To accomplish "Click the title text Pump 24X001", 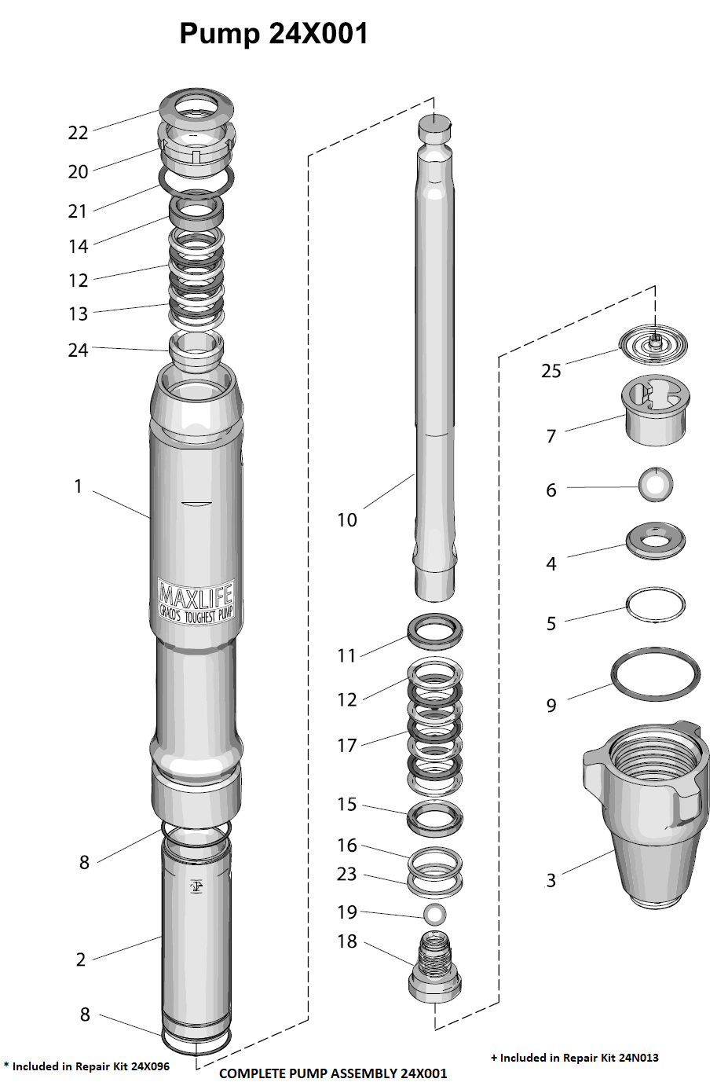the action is (273, 35).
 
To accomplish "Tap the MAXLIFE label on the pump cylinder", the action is (196, 601).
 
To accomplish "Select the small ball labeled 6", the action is (655, 484).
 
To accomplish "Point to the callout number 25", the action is (551, 371).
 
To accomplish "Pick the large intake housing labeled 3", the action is (646, 814).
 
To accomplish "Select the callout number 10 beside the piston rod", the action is (347, 520).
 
